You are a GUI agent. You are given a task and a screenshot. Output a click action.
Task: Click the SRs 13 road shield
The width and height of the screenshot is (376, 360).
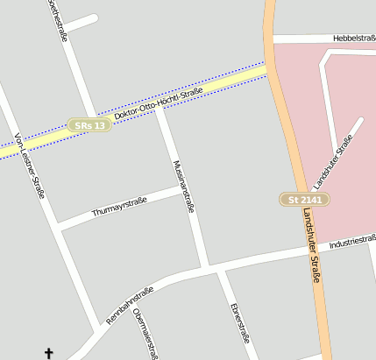click(90, 126)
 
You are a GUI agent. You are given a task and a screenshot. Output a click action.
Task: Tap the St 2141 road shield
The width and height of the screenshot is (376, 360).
click(300, 201)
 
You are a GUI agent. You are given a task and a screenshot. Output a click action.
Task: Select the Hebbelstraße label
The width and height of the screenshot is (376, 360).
click(354, 39)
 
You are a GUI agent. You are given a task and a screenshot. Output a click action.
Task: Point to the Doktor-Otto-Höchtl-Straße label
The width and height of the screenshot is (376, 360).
click(159, 104)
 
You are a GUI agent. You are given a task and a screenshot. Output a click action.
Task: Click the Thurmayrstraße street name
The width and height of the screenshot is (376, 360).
click(119, 207)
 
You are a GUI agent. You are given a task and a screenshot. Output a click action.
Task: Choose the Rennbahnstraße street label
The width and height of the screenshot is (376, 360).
click(130, 306)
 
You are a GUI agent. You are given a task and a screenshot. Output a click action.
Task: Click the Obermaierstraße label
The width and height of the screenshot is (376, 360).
click(145, 334)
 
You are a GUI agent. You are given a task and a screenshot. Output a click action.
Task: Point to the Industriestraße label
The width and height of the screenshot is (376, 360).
click(352, 243)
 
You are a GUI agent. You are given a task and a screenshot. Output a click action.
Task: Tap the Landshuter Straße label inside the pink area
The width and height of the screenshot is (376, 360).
click(332, 161)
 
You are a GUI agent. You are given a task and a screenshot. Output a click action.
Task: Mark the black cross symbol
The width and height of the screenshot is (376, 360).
click(48, 353)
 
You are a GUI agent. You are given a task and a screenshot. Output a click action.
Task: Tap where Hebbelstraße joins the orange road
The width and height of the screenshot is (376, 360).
click(273, 39)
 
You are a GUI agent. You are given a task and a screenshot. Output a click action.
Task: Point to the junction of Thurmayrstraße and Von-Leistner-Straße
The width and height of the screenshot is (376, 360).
click(59, 226)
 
